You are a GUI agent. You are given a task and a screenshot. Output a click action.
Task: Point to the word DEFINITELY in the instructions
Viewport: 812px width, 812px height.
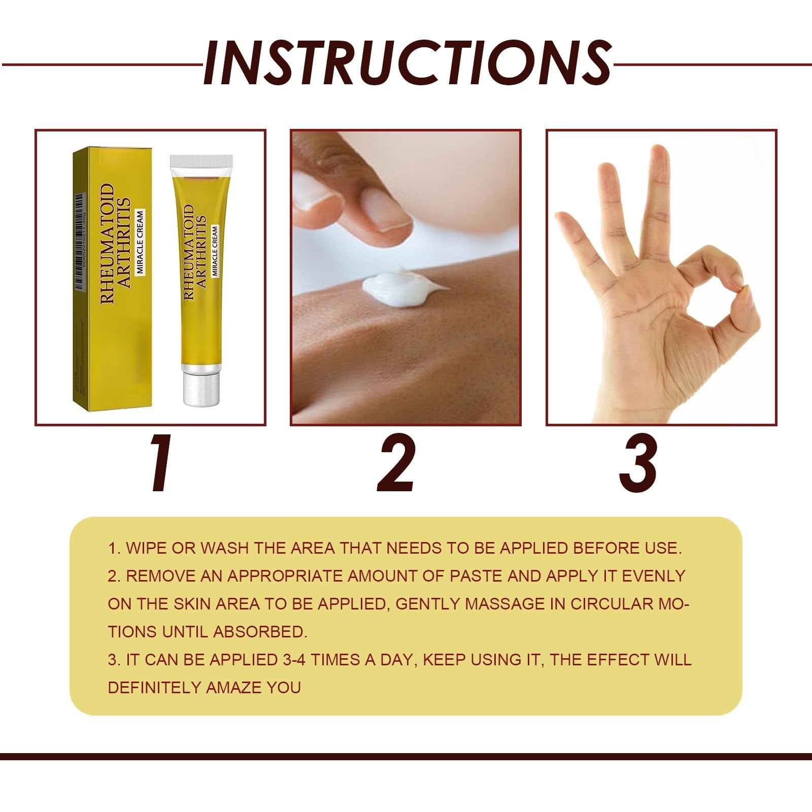coord(154,688)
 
